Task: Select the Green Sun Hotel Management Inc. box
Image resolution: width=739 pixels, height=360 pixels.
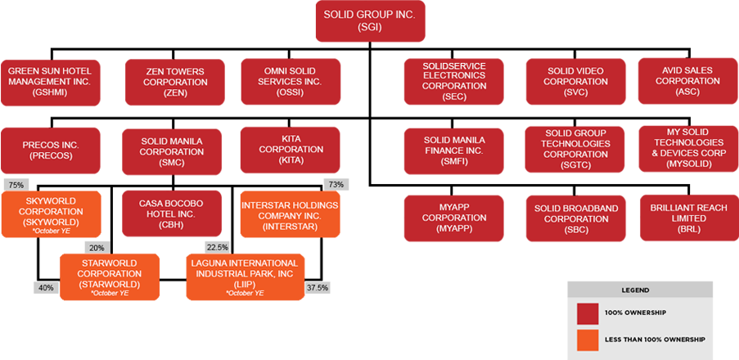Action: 49,82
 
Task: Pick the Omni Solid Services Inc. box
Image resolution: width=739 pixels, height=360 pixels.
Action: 292,82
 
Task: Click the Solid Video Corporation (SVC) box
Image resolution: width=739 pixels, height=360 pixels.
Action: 576,82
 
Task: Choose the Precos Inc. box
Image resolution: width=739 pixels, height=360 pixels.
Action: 49,151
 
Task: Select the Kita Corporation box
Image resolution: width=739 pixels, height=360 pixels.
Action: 292,151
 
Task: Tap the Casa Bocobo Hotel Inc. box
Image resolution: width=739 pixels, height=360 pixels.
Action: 171,214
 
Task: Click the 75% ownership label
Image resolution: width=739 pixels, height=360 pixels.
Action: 16,185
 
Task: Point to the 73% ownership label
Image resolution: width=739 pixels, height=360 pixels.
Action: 336,185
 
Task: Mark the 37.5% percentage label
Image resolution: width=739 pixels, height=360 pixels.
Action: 318,287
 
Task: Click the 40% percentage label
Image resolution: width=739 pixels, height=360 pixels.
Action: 46,287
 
